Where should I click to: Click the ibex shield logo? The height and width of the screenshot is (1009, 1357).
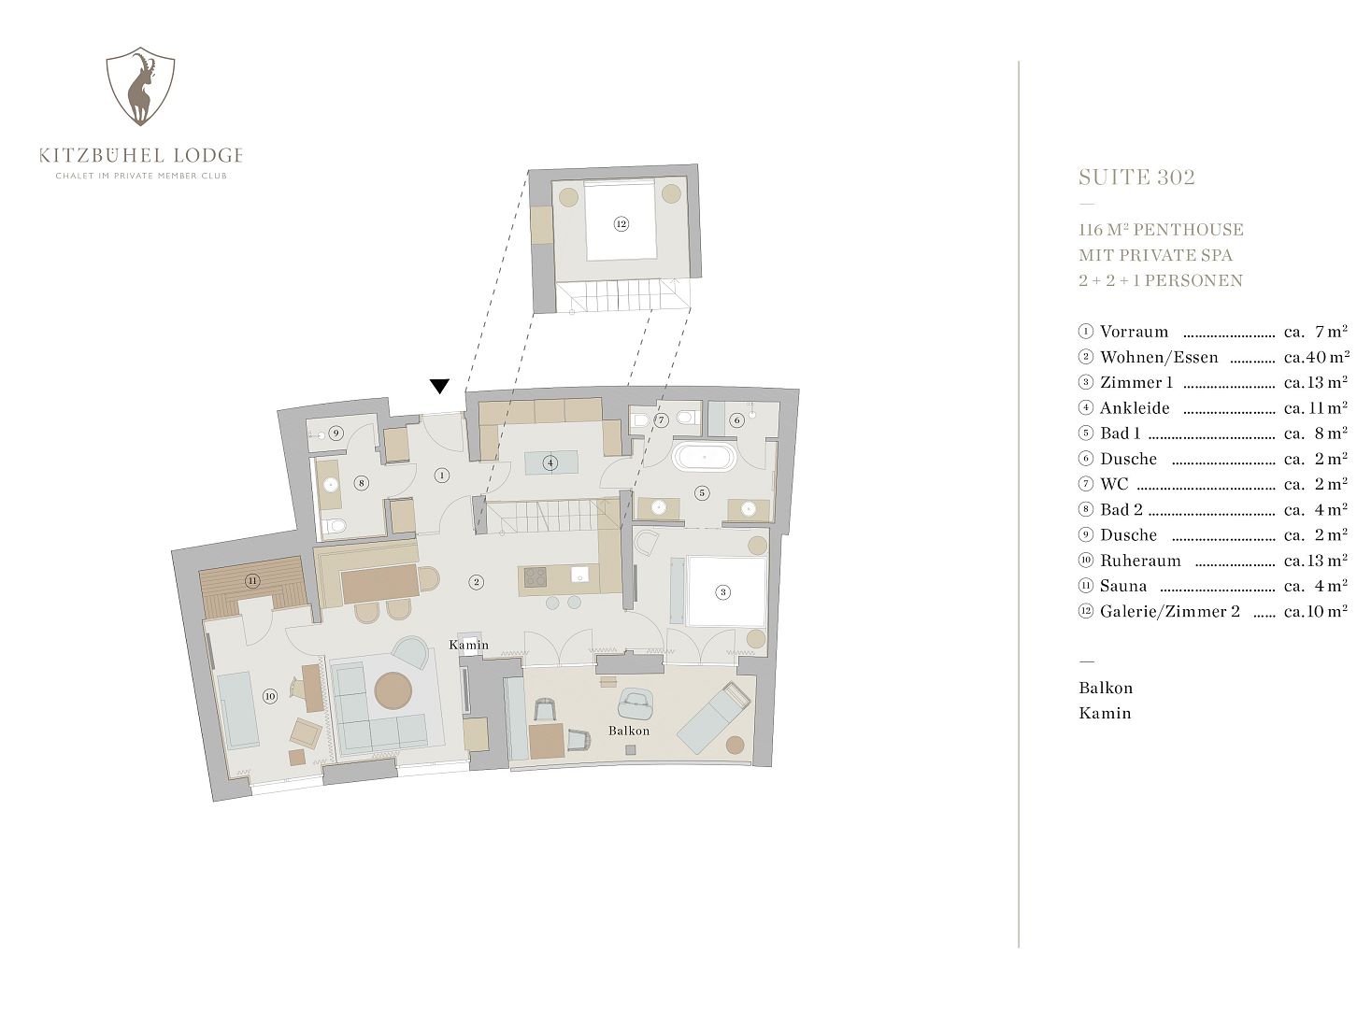coord(140,86)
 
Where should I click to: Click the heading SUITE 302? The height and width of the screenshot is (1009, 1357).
coord(1136,178)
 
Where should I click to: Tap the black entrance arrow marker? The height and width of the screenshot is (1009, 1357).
coord(439,386)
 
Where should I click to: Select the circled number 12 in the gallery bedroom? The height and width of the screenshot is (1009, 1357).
coord(621,224)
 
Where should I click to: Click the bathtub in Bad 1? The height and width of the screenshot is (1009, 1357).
coord(704,457)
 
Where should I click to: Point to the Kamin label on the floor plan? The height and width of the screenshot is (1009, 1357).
coord(468,645)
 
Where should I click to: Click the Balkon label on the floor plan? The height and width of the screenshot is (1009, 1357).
coord(629,731)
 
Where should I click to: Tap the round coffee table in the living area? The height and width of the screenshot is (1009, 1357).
coord(393,690)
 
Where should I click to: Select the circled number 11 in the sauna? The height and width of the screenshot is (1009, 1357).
coord(252,581)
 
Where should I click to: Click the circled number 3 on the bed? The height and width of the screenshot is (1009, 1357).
coord(723,591)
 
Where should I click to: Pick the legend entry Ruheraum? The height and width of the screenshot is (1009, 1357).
coord(1140,561)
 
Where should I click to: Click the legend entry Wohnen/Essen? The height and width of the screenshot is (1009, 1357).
coord(1159,357)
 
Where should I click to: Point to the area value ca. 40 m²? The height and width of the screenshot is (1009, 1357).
coord(1316,357)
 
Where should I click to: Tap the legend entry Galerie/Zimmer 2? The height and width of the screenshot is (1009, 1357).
coord(1169,611)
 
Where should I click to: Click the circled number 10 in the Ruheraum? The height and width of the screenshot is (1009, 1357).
coord(269,696)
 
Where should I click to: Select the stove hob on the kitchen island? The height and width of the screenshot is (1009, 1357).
coord(536,577)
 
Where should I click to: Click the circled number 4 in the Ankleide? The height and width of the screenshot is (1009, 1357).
coord(550,462)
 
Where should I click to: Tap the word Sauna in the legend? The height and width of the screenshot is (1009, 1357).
coord(1123,586)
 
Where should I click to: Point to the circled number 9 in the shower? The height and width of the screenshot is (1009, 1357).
coord(336,433)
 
